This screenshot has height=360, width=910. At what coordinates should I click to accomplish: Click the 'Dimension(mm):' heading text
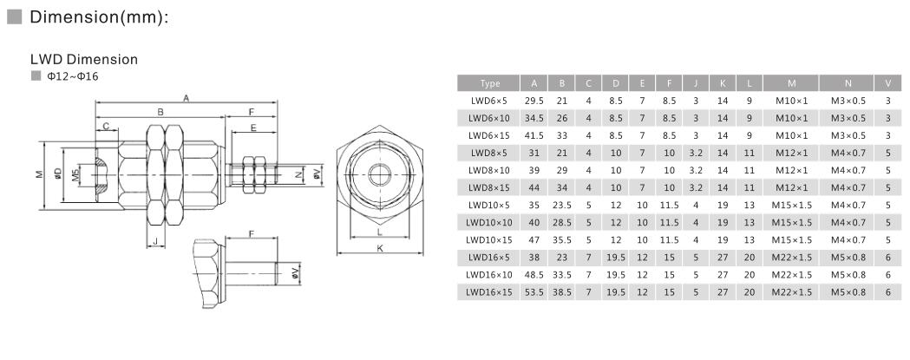click(96, 18)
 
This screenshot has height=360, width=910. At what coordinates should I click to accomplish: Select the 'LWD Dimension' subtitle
click(83, 60)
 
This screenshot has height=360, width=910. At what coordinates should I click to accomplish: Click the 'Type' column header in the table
click(489, 83)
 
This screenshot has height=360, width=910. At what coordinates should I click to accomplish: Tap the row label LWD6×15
click(489, 135)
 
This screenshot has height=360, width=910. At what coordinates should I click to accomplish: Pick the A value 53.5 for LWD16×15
click(534, 292)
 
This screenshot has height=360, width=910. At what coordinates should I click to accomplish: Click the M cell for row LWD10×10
click(791, 223)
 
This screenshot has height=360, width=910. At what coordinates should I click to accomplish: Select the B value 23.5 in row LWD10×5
click(561, 206)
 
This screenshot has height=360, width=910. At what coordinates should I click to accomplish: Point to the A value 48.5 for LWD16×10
click(534, 275)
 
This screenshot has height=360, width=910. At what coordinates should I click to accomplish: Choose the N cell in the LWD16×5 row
click(848, 258)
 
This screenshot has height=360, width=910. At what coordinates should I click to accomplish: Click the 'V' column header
click(887, 83)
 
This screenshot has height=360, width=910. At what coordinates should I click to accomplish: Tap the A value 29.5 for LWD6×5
click(534, 101)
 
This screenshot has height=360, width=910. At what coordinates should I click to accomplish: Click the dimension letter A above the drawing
click(186, 97)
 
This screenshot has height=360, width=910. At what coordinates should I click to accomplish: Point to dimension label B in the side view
click(160, 112)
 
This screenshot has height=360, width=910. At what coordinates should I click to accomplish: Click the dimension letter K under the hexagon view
click(379, 248)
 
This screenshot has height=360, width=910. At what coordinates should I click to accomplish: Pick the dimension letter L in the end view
click(379, 232)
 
